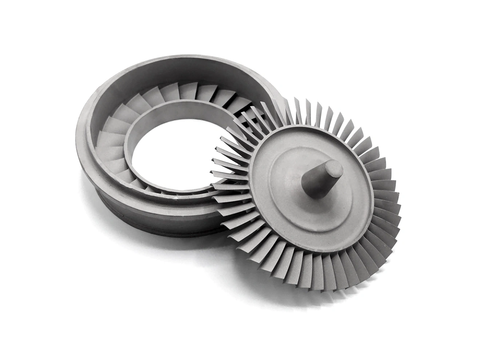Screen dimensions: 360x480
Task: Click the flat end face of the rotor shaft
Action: [x=334, y=168]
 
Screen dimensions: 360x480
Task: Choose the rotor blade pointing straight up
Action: [x=320, y=109]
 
